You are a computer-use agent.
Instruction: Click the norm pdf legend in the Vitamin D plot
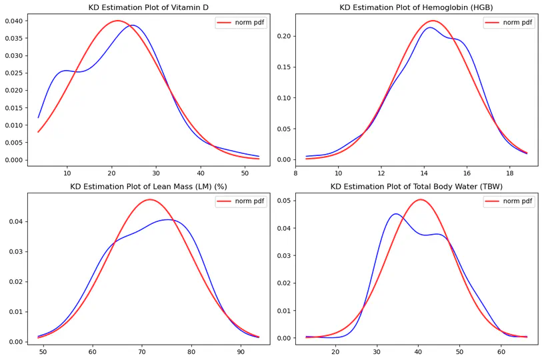tap(241, 23)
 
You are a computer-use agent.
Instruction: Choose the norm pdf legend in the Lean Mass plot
tap(241, 202)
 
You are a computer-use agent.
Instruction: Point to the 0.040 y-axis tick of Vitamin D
tap(12, 21)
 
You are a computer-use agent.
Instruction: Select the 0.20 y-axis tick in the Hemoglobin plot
tap(281, 36)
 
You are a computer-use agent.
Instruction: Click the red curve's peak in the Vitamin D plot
tap(117, 21)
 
